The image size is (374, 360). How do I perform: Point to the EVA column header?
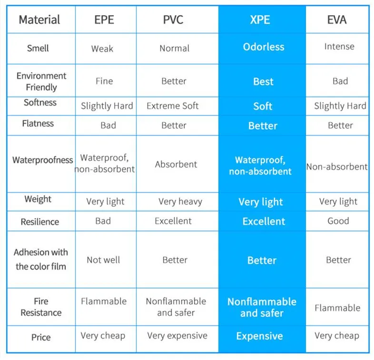(x=337, y=19)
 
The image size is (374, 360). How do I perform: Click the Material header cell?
(x=39, y=19)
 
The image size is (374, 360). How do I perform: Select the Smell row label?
(x=38, y=48)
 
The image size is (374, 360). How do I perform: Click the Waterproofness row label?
(x=43, y=160)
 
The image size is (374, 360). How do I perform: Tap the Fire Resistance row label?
(x=41, y=307)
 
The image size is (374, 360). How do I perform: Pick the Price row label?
(x=41, y=337)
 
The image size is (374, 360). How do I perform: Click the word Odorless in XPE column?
(x=264, y=47)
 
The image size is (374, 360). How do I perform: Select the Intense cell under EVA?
(x=339, y=47)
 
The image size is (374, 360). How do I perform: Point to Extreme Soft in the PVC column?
(x=173, y=106)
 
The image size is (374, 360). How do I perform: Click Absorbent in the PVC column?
(x=176, y=165)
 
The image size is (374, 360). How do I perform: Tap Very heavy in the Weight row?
(x=180, y=202)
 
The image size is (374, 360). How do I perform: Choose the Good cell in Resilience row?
(x=338, y=221)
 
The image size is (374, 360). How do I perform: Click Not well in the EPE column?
(x=103, y=260)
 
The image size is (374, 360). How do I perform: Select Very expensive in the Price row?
(x=177, y=336)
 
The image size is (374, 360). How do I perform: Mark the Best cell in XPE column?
(x=263, y=81)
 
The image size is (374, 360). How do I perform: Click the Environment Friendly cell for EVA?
(x=340, y=81)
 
